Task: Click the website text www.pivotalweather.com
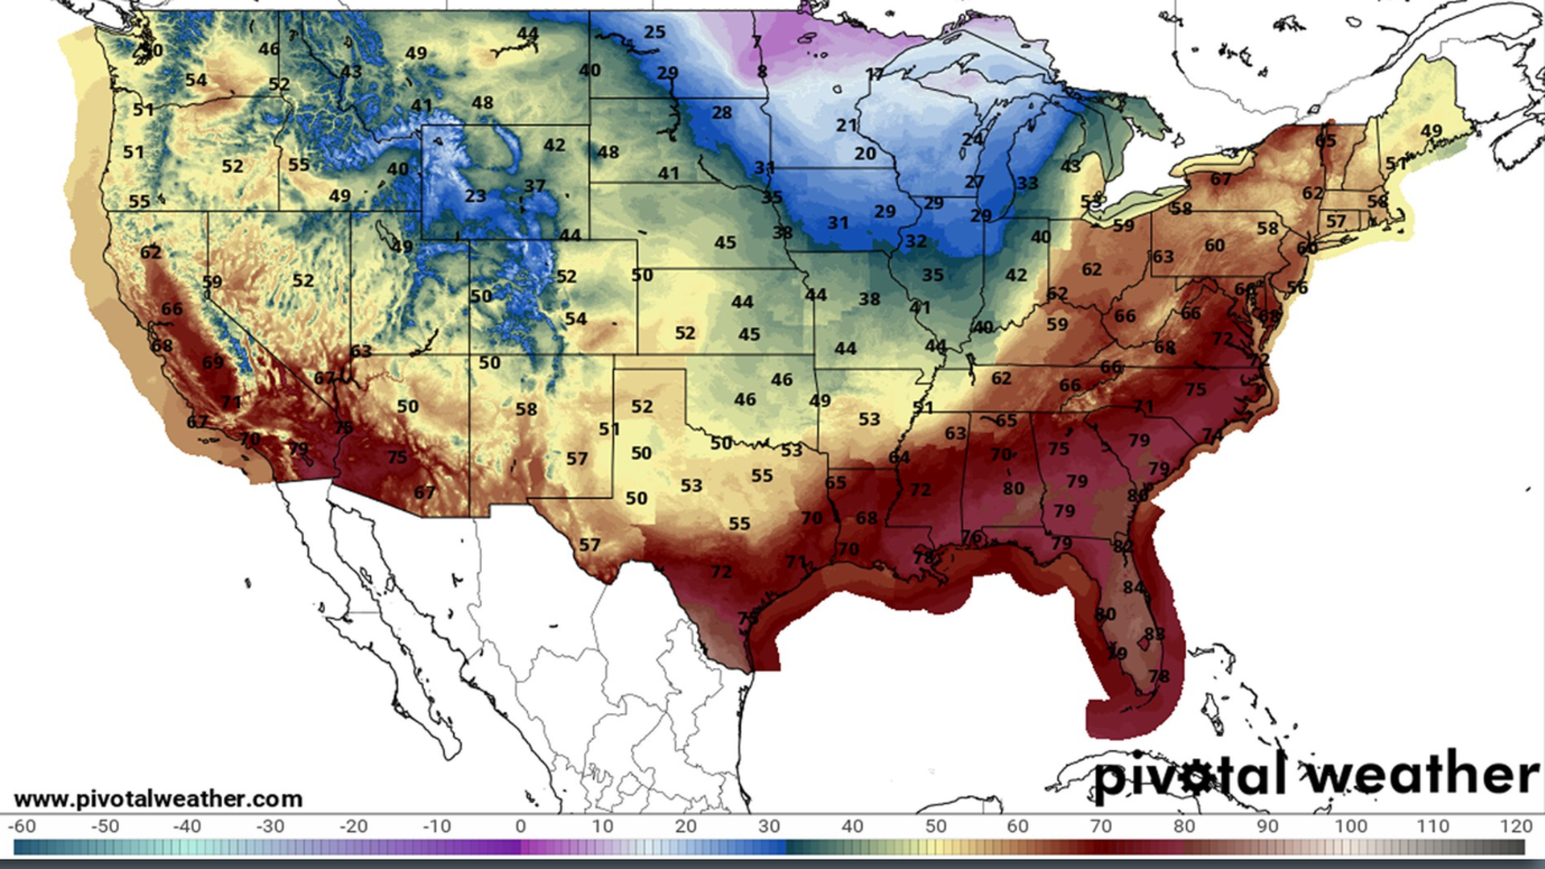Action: click(159, 799)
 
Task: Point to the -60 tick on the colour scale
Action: click(22, 826)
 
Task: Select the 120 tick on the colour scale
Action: click(1516, 826)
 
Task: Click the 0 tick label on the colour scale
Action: click(521, 826)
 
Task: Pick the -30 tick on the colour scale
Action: click(270, 826)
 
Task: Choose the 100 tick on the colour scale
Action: click(1351, 826)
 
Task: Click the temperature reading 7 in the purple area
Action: click(756, 42)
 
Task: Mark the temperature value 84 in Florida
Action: click(1133, 587)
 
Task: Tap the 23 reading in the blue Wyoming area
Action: click(475, 196)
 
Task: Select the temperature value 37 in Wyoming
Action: click(534, 186)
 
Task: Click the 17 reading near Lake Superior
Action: click(874, 74)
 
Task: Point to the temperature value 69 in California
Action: click(212, 362)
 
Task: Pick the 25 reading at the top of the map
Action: click(654, 32)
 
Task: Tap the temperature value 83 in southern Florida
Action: click(1154, 634)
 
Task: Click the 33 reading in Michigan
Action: click(1027, 183)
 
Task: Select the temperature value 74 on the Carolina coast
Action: click(1212, 435)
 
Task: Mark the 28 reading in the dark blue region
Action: click(721, 113)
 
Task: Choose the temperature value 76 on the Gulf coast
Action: click(971, 537)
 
